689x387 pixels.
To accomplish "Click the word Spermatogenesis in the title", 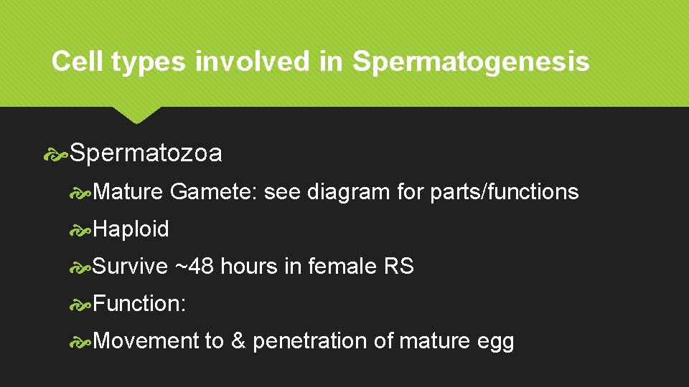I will click(471, 62).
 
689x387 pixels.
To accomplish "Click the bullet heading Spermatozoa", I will click(146, 153).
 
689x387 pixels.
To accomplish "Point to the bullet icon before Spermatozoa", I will click(57, 153).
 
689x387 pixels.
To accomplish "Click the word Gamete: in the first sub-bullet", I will click(215, 192).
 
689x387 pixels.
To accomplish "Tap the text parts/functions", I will click(504, 192).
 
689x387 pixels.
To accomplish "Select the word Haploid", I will click(131, 229).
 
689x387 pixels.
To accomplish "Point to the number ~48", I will click(194, 267).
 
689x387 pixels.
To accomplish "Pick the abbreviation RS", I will click(398, 267).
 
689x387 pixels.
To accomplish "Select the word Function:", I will click(139, 304).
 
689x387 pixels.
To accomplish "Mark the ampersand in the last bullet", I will click(238, 341).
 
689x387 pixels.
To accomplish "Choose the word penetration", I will click(310, 341).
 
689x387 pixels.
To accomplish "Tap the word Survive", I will click(130, 267).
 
